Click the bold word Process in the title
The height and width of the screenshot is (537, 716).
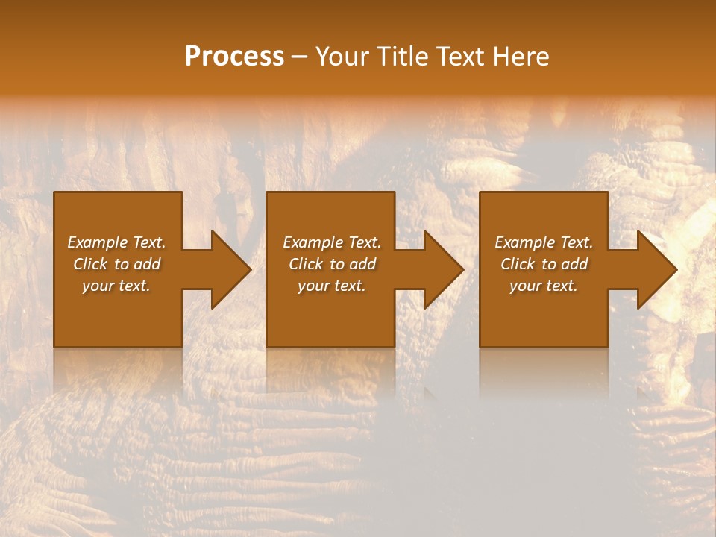click(x=234, y=57)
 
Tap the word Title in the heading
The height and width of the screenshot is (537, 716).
click(x=402, y=57)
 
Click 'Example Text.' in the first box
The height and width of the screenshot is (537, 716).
click(x=116, y=242)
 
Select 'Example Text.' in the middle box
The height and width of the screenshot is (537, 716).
click(x=331, y=242)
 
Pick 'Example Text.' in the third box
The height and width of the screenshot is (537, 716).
click(x=544, y=242)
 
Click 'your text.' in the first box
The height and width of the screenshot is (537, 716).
click(x=116, y=286)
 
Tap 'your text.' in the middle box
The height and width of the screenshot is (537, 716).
click(x=331, y=286)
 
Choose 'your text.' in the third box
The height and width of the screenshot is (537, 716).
click(x=544, y=286)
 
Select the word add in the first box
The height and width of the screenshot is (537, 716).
click(x=146, y=264)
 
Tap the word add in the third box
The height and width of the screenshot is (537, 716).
click(x=574, y=264)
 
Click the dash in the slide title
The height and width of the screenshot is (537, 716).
click(x=300, y=57)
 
